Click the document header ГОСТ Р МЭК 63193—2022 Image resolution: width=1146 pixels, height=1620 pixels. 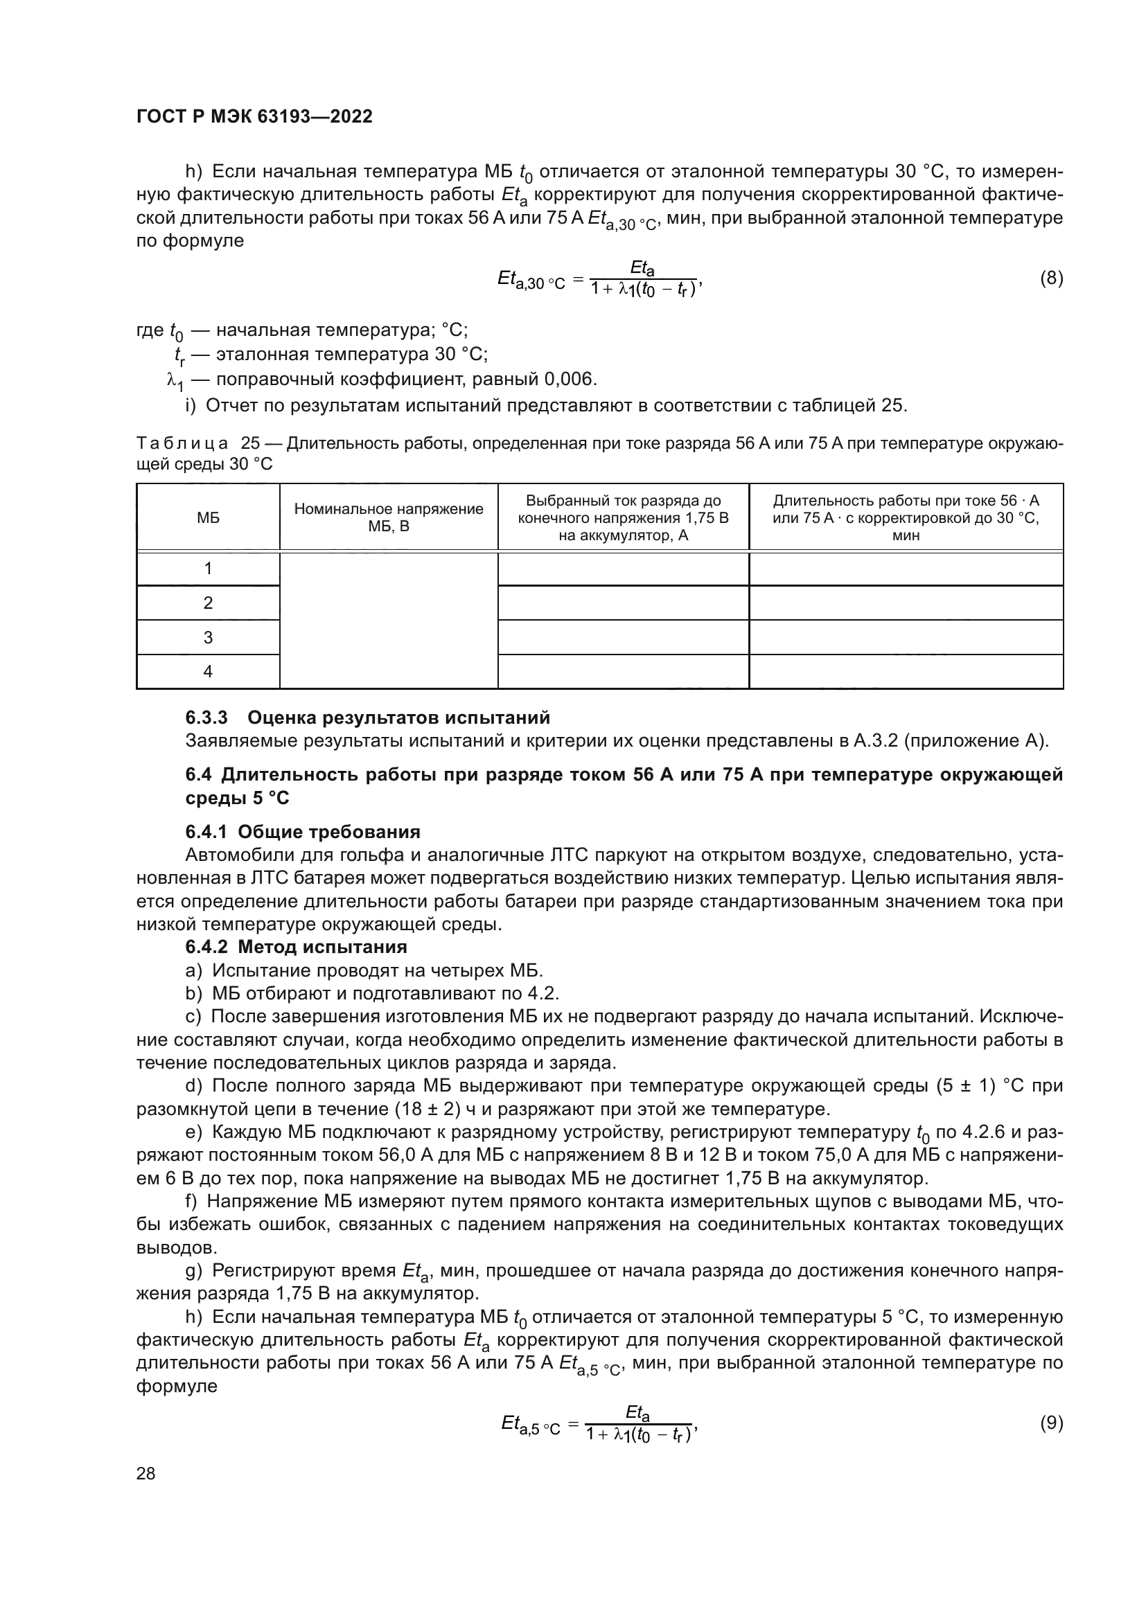pos(254,116)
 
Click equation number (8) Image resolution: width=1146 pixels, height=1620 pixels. pos(1051,278)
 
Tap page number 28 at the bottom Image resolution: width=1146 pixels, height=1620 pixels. pos(146,1473)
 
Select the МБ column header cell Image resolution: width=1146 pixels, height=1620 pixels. pos(207,518)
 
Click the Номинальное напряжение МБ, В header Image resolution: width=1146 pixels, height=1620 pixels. pos(388,518)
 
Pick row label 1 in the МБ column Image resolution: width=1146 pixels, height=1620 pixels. pos(207,569)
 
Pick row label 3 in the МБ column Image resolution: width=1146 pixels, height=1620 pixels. pos(207,638)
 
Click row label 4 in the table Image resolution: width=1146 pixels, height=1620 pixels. pos(207,672)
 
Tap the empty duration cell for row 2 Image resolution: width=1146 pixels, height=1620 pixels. pos(906,603)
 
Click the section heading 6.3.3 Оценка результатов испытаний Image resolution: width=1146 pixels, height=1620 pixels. pos(367,718)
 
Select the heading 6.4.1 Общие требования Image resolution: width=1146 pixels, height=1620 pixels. pos(303,832)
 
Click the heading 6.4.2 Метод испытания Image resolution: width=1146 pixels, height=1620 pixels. pos(296,947)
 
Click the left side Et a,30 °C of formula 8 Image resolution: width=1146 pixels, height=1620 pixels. pos(531,280)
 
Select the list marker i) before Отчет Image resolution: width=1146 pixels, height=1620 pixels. pos(190,406)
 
